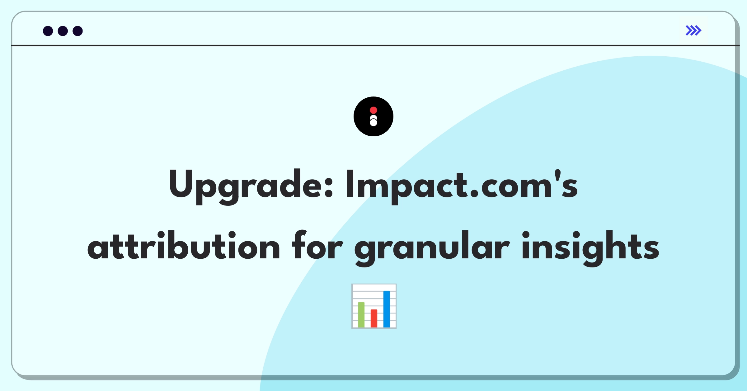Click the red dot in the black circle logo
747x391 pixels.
coord(374,110)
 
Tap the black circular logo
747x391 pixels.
coord(374,116)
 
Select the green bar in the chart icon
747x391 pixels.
coord(361,315)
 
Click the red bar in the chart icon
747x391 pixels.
coord(374,318)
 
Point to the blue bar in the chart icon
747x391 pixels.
coord(387,309)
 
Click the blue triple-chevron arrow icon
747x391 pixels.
coord(693,31)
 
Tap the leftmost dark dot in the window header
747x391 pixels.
coord(48,31)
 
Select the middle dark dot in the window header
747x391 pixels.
coord(63,31)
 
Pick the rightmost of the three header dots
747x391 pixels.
coord(78,31)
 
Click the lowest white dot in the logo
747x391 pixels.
coord(374,123)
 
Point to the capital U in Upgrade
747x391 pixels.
coord(181,183)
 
